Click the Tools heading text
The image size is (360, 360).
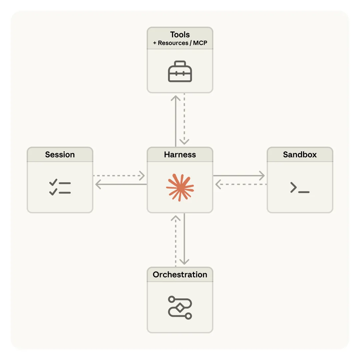(180, 35)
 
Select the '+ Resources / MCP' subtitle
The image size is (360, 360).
(180, 43)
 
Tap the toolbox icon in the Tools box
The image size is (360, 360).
(180, 71)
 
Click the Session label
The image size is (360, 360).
(60, 155)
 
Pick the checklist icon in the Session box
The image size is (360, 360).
(60, 187)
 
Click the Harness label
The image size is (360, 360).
(180, 155)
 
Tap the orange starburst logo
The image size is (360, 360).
(180, 187)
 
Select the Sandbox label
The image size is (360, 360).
(300, 155)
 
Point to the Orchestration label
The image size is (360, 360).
(180, 275)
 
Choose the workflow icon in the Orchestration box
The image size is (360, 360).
(180, 307)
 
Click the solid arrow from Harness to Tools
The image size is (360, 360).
(176, 120)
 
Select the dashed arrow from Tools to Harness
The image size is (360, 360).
(184, 120)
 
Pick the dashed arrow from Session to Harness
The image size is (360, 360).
(119, 175)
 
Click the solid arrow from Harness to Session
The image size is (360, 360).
(121, 184)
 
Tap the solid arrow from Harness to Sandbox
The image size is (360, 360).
(239, 175)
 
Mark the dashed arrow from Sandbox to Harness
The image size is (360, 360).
(241, 184)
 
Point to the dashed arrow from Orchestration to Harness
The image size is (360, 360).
(176, 240)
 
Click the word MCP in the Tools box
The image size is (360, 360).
(200, 43)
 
